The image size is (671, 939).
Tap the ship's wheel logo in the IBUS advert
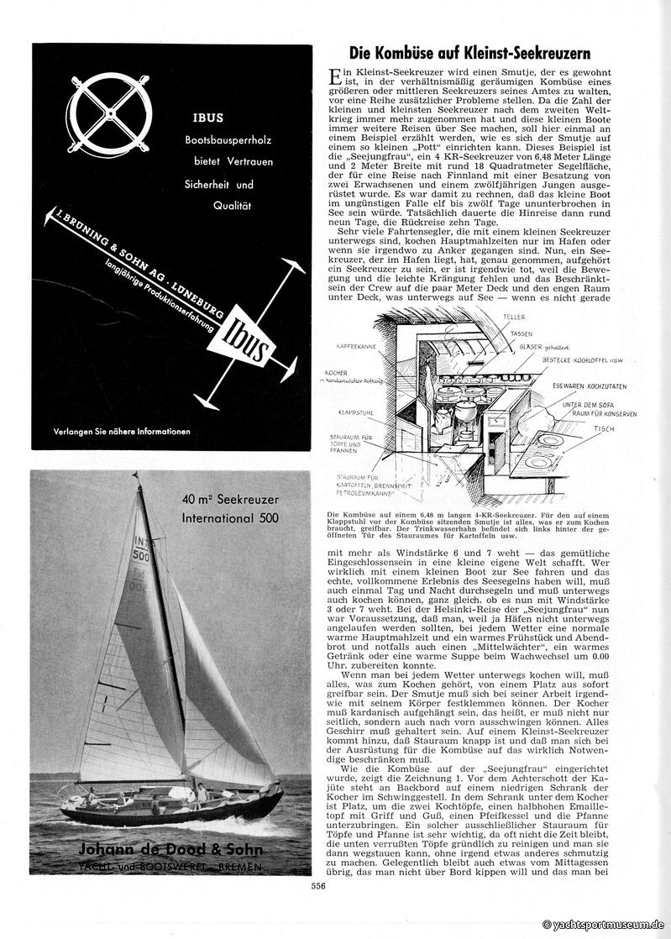click(113, 119)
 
